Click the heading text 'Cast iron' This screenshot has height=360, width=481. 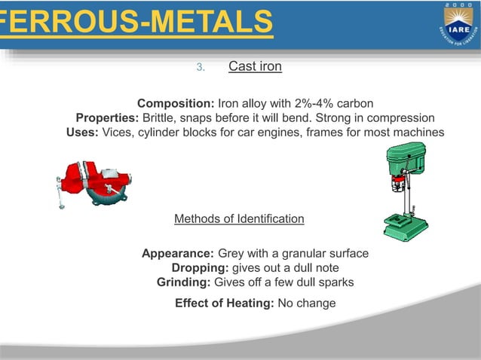(255, 67)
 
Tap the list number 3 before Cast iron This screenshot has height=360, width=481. (200, 68)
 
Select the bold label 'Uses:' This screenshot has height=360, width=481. (82, 133)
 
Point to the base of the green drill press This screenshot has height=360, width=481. (404, 226)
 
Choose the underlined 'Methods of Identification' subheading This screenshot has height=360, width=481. (239, 219)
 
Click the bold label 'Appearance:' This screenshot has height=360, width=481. (178, 253)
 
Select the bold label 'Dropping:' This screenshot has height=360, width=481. (200, 268)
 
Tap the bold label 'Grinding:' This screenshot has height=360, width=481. (184, 282)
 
